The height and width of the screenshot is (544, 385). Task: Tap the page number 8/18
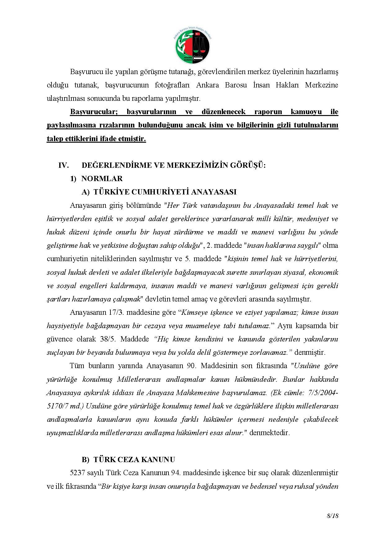tap(332, 516)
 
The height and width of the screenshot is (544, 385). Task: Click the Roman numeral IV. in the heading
tap(64, 165)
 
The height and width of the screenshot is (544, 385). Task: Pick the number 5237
tap(77, 473)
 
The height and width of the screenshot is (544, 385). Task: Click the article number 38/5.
tap(108, 339)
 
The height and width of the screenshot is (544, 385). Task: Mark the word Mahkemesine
tap(197, 393)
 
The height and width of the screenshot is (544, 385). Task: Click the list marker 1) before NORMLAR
tap(73, 179)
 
